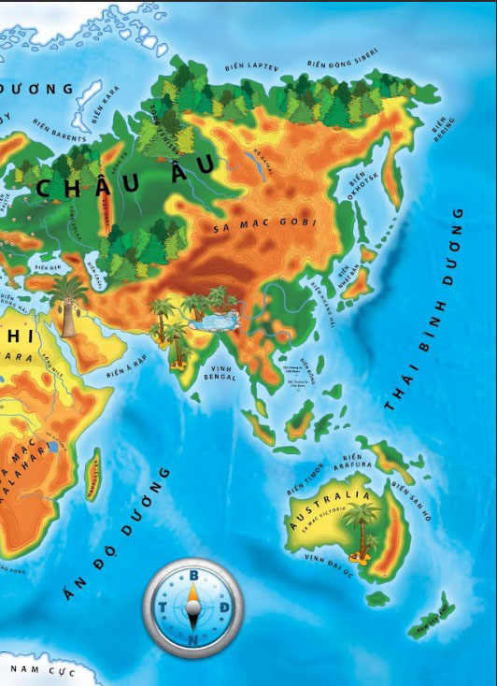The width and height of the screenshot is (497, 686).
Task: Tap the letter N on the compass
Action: coord(193,640)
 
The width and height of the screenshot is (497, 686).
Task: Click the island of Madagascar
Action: coord(92,474)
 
